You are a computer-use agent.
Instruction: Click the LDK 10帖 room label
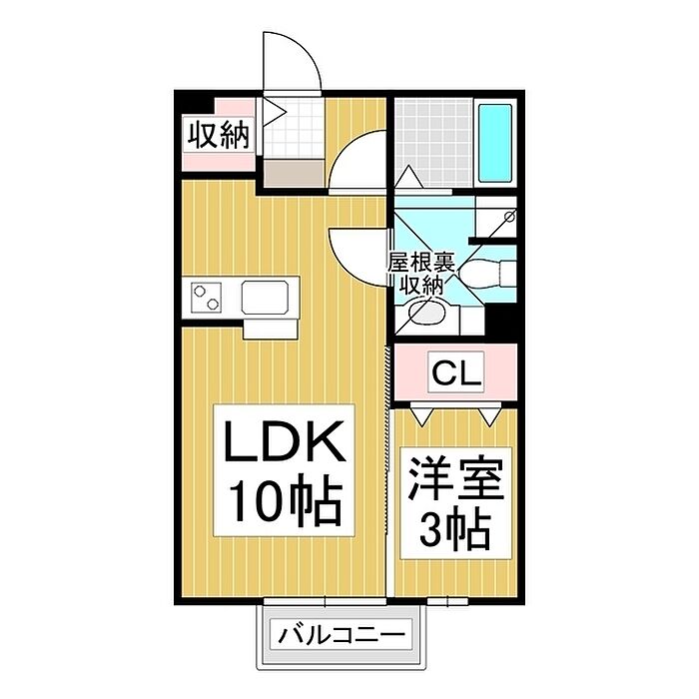point(284,470)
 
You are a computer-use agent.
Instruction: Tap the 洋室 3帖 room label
point(455,503)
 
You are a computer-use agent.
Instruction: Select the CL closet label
point(456,373)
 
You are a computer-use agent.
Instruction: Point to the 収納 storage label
point(218,135)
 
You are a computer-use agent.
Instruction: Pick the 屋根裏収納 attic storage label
point(420,274)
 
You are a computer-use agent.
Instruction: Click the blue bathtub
point(495,142)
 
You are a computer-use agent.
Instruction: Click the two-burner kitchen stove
point(207,297)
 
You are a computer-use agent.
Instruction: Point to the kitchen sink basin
point(265,297)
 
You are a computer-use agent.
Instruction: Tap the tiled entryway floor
point(294,130)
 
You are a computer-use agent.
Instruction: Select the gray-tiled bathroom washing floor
point(433,143)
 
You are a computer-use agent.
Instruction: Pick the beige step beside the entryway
point(294,174)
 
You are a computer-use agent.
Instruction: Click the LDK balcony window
point(325,601)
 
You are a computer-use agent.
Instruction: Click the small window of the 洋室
point(447,601)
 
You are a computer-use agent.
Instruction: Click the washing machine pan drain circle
point(509,217)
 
